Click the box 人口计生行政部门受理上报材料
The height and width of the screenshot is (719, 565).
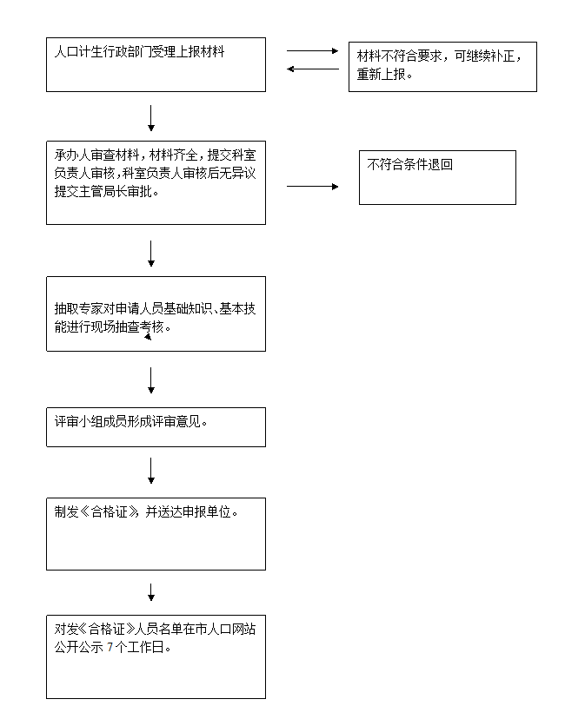(x=156, y=64)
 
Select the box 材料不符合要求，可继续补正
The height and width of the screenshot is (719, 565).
(x=442, y=67)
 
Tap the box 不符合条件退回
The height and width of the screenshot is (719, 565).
(x=437, y=177)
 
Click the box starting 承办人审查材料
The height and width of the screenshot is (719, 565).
(x=156, y=182)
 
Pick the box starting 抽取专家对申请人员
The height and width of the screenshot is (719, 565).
(x=156, y=314)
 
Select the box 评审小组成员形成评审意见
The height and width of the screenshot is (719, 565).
(x=156, y=427)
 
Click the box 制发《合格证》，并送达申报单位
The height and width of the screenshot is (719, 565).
(x=156, y=534)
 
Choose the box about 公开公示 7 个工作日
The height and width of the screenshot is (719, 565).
(x=156, y=657)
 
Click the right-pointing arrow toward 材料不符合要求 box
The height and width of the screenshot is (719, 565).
(x=313, y=51)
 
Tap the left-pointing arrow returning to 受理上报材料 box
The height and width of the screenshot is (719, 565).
(x=313, y=69)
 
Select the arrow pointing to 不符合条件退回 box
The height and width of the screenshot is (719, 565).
(x=313, y=187)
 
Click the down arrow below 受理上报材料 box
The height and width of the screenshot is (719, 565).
(x=151, y=118)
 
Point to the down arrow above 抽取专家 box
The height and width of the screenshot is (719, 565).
(x=151, y=254)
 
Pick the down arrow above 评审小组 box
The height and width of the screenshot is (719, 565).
(x=151, y=380)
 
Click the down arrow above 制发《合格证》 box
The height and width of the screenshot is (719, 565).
(x=151, y=471)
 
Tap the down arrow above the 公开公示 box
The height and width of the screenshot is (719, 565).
(x=151, y=592)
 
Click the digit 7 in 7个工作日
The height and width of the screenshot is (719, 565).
(x=110, y=648)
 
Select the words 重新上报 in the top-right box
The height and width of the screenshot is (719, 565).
(x=381, y=75)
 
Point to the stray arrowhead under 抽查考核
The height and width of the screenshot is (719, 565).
(x=148, y=337)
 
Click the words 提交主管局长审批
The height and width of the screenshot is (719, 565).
(x=103, y=192)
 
